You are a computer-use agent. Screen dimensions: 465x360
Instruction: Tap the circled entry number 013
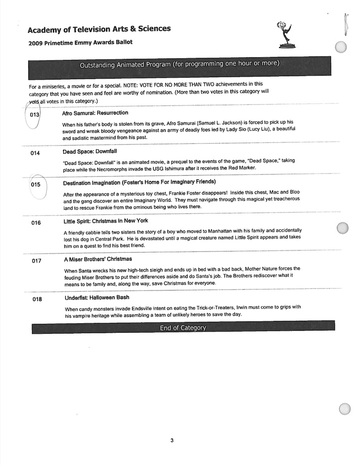coord(34,115)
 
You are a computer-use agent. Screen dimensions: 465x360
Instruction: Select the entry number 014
coord(35,153)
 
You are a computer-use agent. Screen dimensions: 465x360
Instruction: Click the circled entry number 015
coord(35,184)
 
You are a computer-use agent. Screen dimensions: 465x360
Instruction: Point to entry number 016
coord(35,223)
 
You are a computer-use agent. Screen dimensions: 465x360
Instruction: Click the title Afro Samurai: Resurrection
coord(95,113)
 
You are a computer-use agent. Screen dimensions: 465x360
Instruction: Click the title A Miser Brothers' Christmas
coord(97,259)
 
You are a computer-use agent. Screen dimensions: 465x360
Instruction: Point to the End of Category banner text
coord(182,328)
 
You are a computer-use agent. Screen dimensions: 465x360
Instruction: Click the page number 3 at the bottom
coord(171,440)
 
